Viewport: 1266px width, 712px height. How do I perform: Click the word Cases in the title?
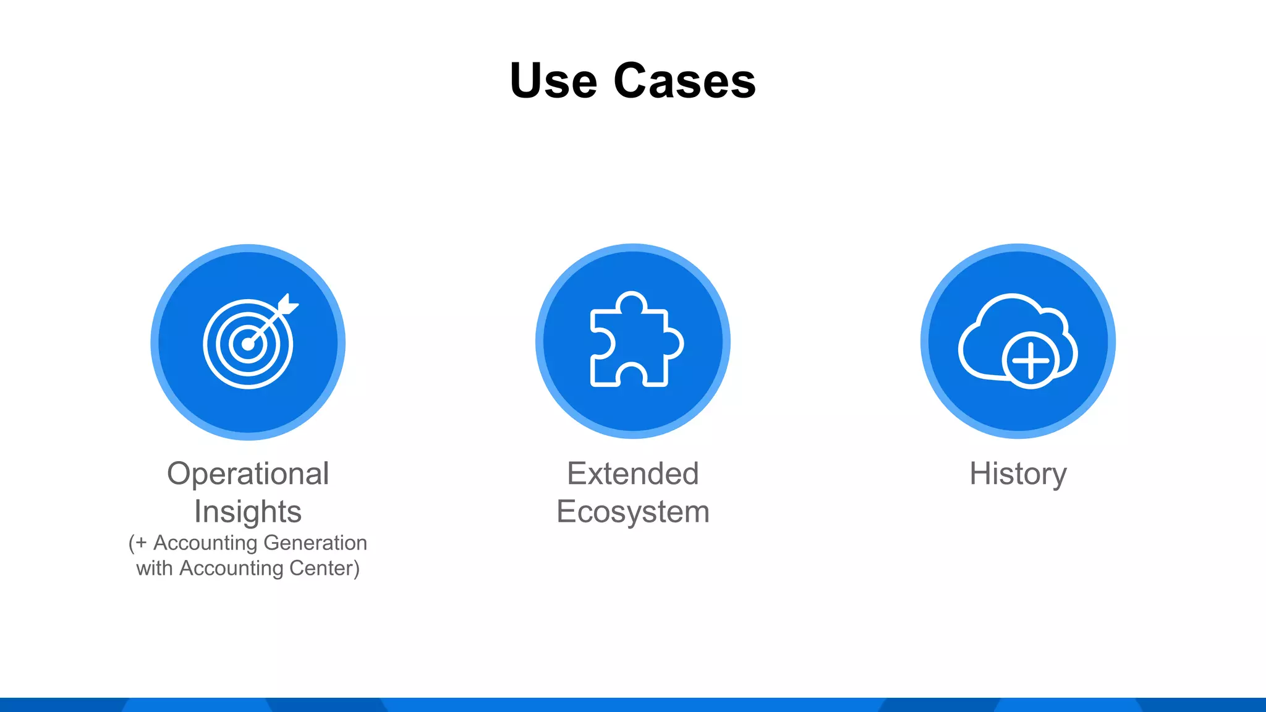(x=684, y=81)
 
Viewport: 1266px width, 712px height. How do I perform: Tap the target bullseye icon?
(x=249, y=344)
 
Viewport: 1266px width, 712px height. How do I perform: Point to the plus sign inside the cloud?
(x=1030, y=360)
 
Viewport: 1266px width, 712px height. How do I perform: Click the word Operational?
(x=248, y=474)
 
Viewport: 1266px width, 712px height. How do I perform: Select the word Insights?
(x=248, y=512)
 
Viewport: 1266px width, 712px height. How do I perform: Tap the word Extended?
(x=633, y=474)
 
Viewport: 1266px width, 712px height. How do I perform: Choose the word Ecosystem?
(x=633, y=512)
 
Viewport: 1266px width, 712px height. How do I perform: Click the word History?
(x=1017, y=474)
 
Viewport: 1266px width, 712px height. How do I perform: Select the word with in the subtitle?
(x=154, y=568)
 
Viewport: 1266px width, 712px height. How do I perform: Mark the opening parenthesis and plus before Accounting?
(x=138, y=543)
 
